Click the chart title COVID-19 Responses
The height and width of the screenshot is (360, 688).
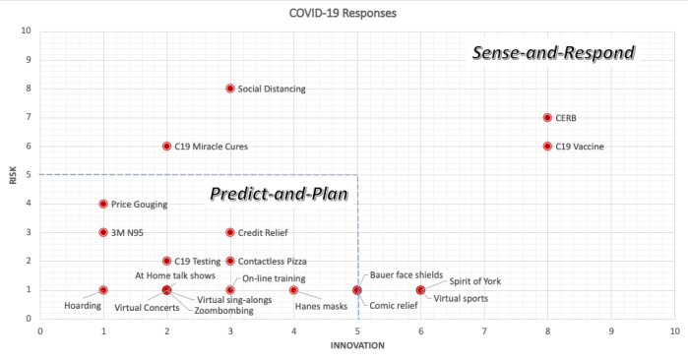click(x=344, y=13)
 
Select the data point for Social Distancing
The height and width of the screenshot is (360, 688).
click(x=230, y=89)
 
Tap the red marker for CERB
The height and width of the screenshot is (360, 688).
click(x=547, y=117)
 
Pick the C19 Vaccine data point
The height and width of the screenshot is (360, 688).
click(x=547, y=146)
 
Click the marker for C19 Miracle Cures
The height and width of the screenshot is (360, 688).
click(x=167, y=146)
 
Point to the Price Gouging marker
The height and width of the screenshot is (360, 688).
click(x=103, y=204)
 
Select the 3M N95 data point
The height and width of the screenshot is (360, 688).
click(x=103, y=232)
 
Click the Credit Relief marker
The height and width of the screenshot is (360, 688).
click(x=230, y=232)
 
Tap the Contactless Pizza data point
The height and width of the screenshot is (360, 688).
click(x=230, y=262)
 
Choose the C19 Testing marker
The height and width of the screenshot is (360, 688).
click(x=167, y=262)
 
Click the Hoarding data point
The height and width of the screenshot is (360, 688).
click(x=103, y=290)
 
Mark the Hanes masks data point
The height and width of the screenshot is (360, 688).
click(x=293, y=290)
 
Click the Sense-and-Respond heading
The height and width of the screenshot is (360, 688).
click(x=552, y=51)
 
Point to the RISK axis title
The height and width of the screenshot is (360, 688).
click(x=13, y=175)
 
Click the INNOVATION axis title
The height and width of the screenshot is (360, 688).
click(x=356, y=345)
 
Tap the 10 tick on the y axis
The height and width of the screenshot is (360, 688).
click(x=27, y=30)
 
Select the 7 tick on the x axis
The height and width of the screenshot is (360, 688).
click(x=484, y=330)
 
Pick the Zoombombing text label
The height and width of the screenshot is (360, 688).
click(x=223, y=310)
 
